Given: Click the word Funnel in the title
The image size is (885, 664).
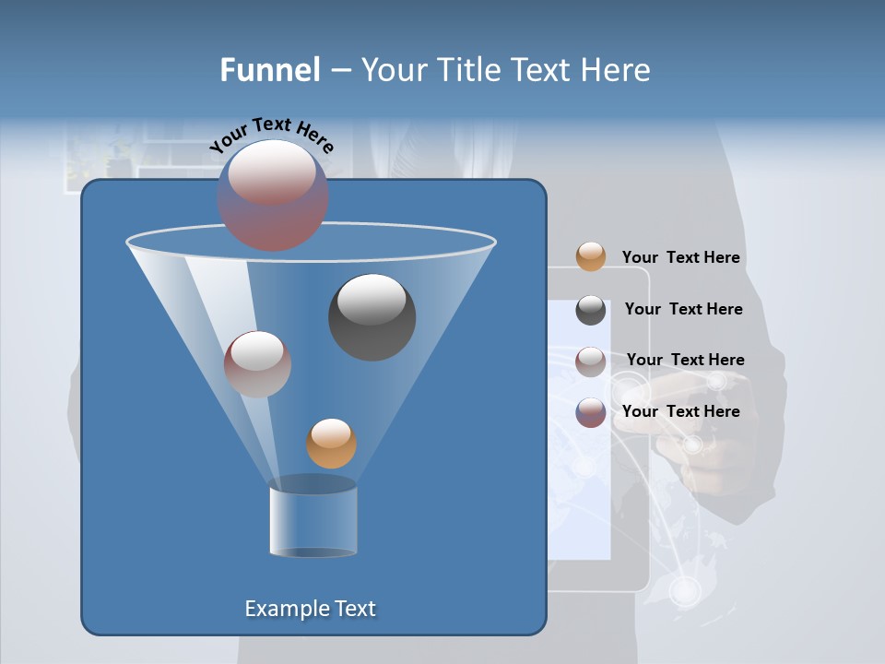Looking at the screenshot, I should (269, 70).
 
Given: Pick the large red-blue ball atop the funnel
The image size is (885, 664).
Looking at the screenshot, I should (272, 195).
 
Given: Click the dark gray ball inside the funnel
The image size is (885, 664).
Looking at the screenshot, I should (372, 316).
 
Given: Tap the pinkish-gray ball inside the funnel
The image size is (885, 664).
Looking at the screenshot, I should (257, 363).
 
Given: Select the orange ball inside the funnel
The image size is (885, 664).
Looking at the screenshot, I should (331, 444).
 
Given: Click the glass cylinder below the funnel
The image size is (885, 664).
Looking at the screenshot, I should (313, 518).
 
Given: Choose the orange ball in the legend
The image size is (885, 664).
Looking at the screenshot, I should (591, 256).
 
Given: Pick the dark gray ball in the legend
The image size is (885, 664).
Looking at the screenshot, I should (591, 310).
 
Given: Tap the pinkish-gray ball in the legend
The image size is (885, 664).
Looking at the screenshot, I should (591, 362).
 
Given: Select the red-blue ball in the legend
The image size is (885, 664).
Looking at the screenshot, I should (591, 412).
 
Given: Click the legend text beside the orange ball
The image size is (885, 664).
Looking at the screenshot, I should (680, 257).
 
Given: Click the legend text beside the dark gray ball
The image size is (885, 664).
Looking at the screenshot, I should (683, 309).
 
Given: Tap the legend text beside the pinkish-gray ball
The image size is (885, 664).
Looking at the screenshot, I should (685, 360).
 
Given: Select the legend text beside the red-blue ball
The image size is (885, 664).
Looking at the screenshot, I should (680, 411).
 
